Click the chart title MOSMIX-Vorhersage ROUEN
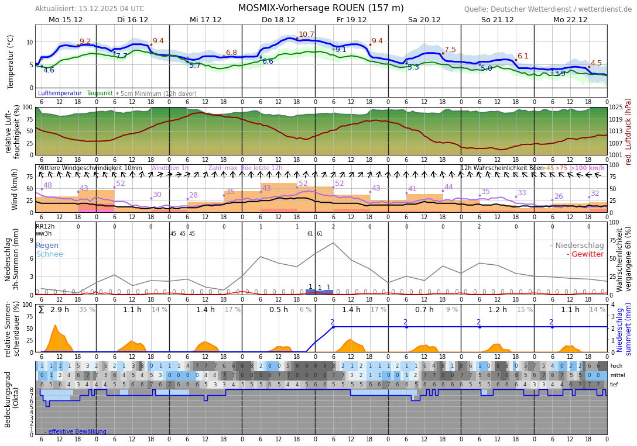click(x=321, y=8)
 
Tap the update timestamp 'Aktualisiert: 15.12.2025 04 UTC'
click(x=90, y=9)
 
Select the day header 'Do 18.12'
click(x=278, y=20)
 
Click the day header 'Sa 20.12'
click(x=424, y=20)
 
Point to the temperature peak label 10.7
click(x=306, y=34)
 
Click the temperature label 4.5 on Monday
click(x=596, y=63)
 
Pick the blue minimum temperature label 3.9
click(x=560, y=74)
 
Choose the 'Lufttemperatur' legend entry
click(x=60, y=94)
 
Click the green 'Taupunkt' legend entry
click(x=100, y=94)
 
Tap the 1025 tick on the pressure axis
click(x=615, y=108)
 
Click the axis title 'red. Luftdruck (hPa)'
click(x=629, y=131)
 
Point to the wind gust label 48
click(x=47, y=185)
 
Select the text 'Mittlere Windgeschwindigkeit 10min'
click(x=90, y=168)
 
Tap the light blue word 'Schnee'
click(x=49, y=254)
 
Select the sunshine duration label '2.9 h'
click(x=60, y=310)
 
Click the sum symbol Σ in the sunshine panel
click(x=41, y=310)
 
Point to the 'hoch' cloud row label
click(x=616, y=366)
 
